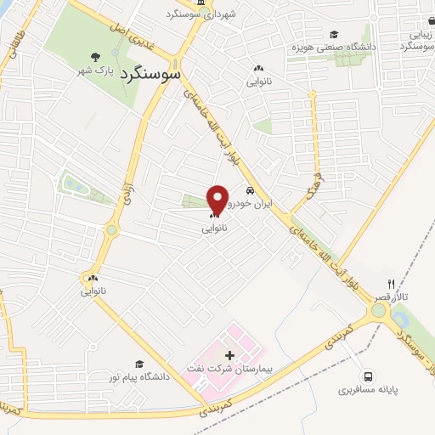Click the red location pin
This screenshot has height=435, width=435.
pyautogui.click(x=218, y=200)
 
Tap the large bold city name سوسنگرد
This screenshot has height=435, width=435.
pyautogui.click(x=152, y=74)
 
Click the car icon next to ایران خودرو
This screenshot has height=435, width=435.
pyautogui.click(x=251, y=190)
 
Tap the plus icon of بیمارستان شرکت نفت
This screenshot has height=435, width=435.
pyautogui.click(x=229, y=353)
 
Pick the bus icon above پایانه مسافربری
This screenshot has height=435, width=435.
pyautogui.click(x=368, y=376)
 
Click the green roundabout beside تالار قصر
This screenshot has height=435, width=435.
pyautogui.click(x=377, y=311)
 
